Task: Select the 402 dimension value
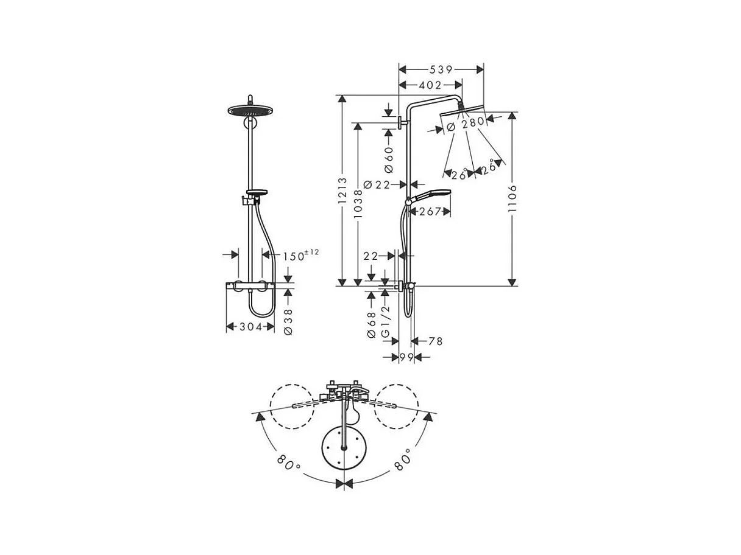click(430, 85)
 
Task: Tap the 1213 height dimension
click(342, 190)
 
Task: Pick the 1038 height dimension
click(358, 202)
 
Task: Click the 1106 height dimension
click(512, 198)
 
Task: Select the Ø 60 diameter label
click(389, 158)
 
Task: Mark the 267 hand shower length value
click(430, 211)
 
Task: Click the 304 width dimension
click(250, 327)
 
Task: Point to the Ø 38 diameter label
click(289, 320)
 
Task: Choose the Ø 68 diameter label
click(370, 324)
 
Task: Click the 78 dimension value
click(435, 341)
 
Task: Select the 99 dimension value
click(406, 357)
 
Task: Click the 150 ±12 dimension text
click(300, 256)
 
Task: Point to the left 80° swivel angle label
click(288, 464)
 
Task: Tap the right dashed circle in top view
click(397, 405)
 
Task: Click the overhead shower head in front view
click(250, 110)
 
